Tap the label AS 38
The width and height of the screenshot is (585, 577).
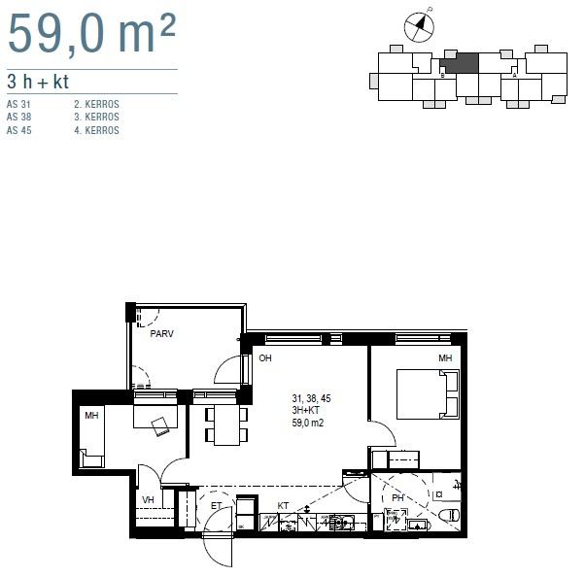click(x=19, y=117)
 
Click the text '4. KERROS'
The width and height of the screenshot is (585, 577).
click(x=96, y=130)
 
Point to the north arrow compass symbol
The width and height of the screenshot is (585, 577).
click(x=419, y=26)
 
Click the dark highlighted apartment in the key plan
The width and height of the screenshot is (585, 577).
click(x=460, y=63)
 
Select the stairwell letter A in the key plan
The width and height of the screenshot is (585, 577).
click(x=514, y=74)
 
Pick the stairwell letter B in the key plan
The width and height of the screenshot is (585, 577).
click(x=443, y=74)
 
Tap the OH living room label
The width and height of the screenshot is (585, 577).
click(x=265, y=358)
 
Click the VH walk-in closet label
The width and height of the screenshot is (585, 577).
click(x=149, y=500)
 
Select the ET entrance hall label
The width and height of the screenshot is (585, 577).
click(x=216, y=505)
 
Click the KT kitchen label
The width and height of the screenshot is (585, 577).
click(x=283, y=505)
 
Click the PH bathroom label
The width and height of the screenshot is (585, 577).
click(x=397, y=498)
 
